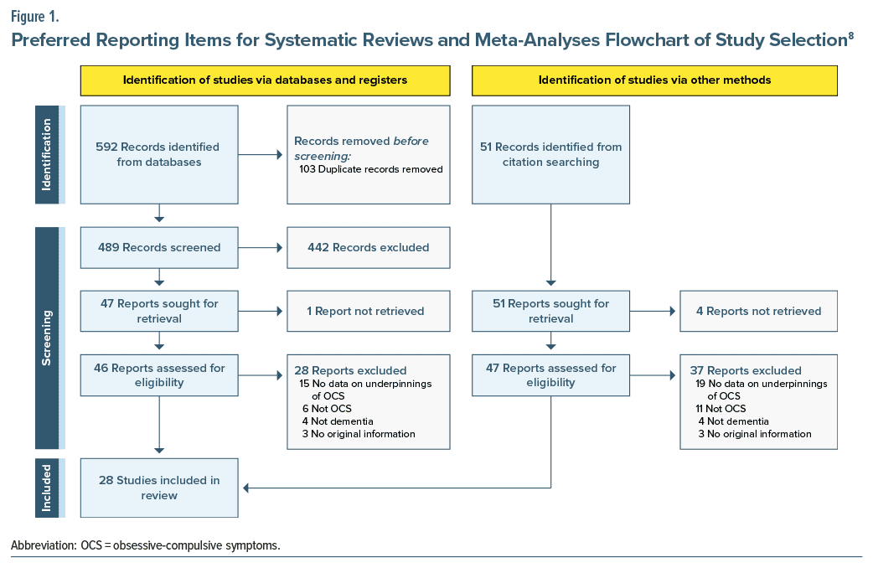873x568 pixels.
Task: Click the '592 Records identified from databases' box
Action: (159, 154)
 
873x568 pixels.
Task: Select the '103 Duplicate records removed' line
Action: (370, 168)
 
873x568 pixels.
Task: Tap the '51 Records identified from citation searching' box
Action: (550, 154)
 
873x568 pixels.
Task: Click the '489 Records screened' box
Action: (159, 247)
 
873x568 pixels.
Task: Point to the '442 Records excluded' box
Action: (369, 247)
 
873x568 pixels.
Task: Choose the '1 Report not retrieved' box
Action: (369, 311)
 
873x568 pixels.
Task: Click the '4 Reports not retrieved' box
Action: (758, 311)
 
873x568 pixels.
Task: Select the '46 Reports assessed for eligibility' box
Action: (159, 374)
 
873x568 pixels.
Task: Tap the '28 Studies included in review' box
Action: (159, 488)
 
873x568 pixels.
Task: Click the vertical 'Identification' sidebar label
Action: (47, 154)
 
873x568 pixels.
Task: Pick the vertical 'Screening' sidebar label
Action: (47, 338)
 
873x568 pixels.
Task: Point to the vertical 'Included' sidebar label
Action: (47, 488)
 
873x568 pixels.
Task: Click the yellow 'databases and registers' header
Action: (265, 80)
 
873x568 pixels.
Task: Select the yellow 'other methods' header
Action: (654, 80)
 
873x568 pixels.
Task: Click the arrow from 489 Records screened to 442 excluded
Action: (261, 247)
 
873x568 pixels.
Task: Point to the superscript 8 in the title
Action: (850, 35)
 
